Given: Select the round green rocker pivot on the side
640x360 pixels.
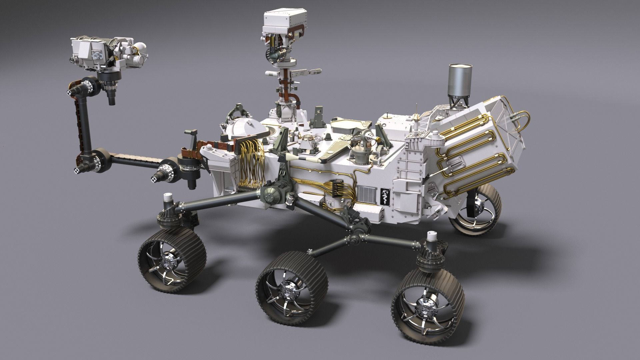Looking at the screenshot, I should tap(272, 197).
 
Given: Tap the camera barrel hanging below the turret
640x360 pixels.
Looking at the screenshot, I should tap(112, 97).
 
